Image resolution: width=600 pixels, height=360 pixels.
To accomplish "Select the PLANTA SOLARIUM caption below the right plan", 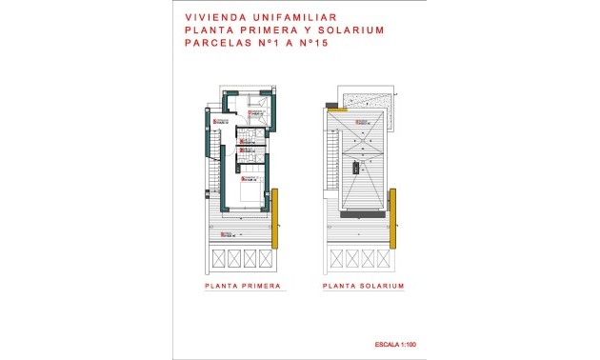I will pos(364,286).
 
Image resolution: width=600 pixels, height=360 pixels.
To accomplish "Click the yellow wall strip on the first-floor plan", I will pos(274,214).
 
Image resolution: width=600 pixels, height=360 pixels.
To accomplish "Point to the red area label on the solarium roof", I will pos(362,122).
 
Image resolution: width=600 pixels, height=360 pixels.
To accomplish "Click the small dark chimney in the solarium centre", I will pos(356,167).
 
